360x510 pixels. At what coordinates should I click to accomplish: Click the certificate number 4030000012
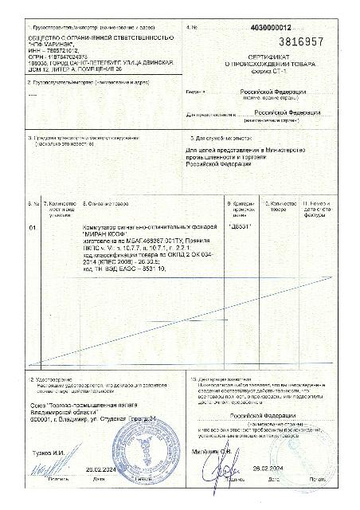(276, 27)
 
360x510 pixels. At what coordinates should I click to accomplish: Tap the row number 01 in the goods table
(32, 228)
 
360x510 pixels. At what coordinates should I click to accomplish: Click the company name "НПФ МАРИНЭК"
(55, 45)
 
